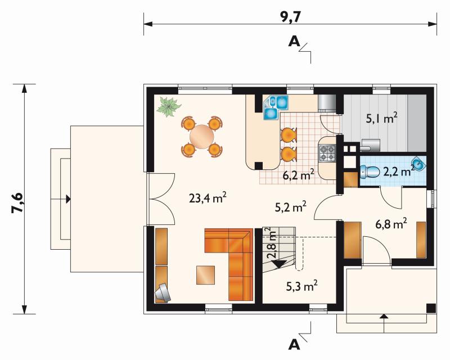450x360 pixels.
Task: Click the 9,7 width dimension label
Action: pyautogui.click(x=290, y=17)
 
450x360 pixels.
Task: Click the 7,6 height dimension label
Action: pyautogui.click(x=17, y=202)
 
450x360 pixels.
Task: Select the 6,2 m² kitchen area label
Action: pyautogui.click(x=298, y=174)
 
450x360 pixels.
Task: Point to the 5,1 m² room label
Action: pyautogui.click(x=382, y=118)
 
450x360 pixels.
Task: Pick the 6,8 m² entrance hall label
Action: pyautogui.click(x=391, y=224)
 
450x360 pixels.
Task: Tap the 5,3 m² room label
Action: pyautogui.click(x=302, y=286)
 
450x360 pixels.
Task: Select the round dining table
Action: pyautogui.click(x=202, y=136)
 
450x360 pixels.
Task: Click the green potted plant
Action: pyautogui.click(x=169, y=106)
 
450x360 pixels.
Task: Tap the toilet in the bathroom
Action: pyautogui.click(x=371, y=172)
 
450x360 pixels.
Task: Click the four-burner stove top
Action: pyautogui.click(x=327, y=153)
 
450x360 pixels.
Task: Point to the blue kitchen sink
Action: pyautogui.click(x=276, y=107)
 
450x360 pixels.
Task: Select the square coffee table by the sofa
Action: pyautogui.click(x=205, y=275)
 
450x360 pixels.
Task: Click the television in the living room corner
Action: pyautogui.click(x=163, y=293)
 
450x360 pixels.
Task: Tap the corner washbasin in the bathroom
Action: pyautogui.click(x=420, y=164)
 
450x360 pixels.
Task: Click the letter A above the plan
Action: pyautogui.click(x=294, y=42)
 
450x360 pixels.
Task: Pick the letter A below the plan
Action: pyautogui.click(x=294, y=344)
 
